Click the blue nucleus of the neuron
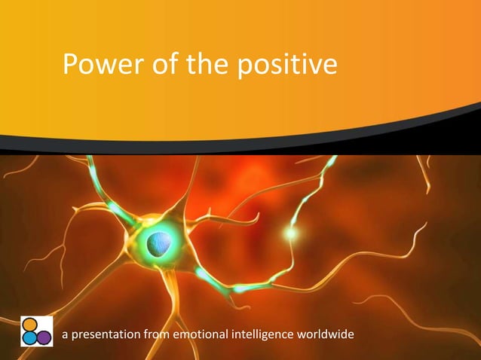(159, 243)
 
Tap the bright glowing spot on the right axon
(291, 233)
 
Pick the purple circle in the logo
(44, 337)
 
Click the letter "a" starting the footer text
(65, 334)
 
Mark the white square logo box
(36, 331)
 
